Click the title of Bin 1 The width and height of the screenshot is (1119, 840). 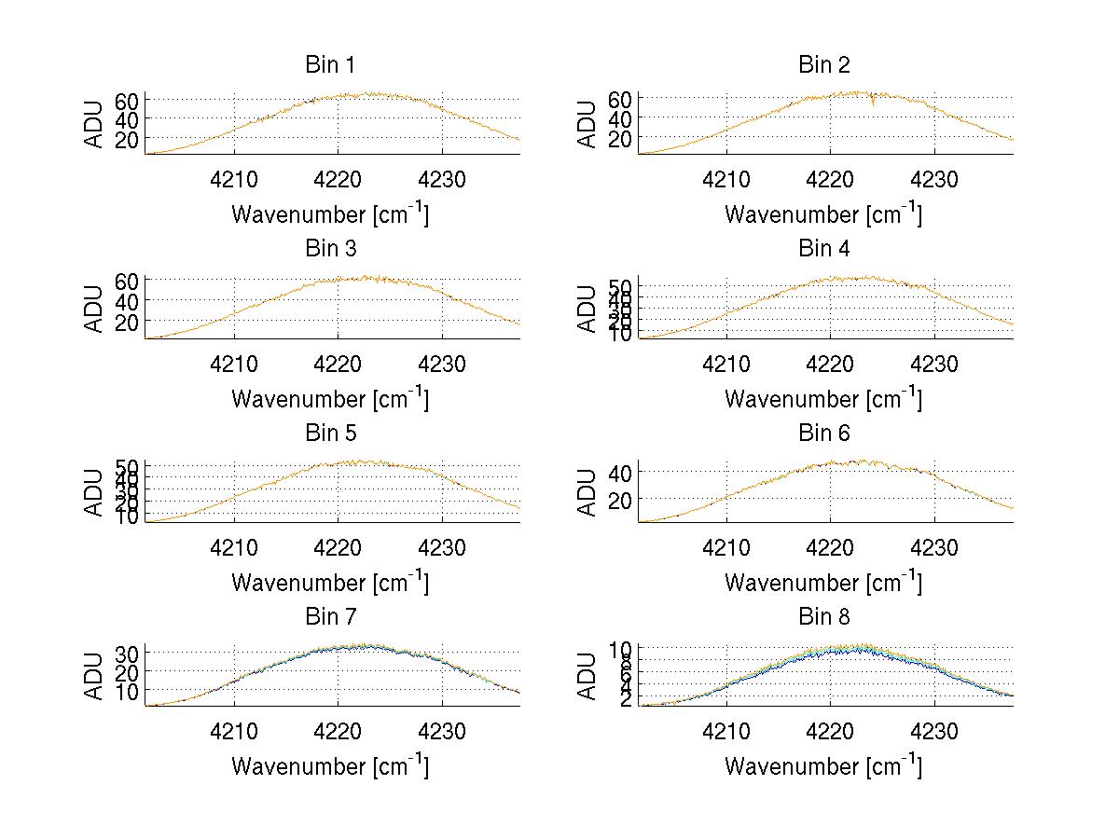tap(330, 65)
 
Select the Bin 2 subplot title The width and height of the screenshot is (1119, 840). tap(824, 65)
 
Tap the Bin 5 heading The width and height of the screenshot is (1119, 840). tap(330, 434)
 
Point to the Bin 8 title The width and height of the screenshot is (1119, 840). tap(824, 617)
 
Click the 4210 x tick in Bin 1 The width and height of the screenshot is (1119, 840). tap(234, 179)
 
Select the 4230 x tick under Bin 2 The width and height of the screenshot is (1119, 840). tap(934, 179)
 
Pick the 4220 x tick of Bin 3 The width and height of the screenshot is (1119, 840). tap(338, 363)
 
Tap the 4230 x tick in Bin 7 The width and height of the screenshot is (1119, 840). tap(442, 731)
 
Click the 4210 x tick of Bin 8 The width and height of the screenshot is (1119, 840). tap(726, 731)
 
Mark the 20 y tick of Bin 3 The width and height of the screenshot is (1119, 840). tap(128, 322)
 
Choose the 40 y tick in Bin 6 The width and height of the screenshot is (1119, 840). tap(621, 473)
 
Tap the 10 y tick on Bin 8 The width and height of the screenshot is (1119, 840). tap(621, 648)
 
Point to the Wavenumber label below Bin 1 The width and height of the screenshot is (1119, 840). tap(330, 214)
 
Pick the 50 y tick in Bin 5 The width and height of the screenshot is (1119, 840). tap(128, 466)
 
